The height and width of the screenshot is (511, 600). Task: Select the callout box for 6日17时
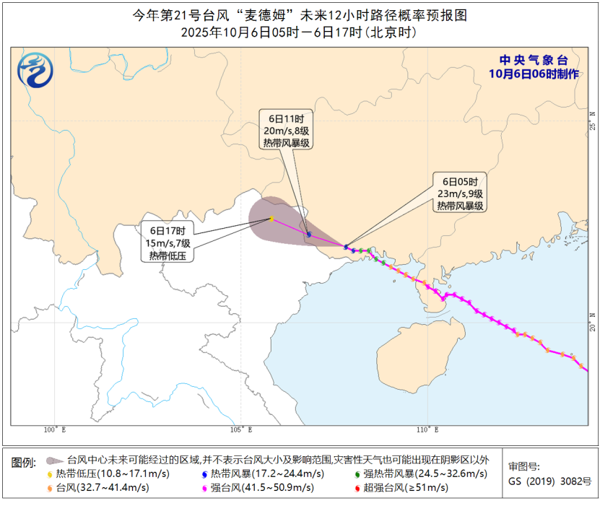tap(168, 243)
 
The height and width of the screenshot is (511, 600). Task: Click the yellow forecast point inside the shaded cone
tap(271, 219)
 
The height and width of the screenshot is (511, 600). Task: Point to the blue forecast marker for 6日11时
tap(309, 235)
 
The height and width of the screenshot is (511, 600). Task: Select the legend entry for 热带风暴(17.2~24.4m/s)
tap(263, 473)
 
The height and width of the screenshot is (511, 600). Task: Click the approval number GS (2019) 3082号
tap(549, 481)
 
